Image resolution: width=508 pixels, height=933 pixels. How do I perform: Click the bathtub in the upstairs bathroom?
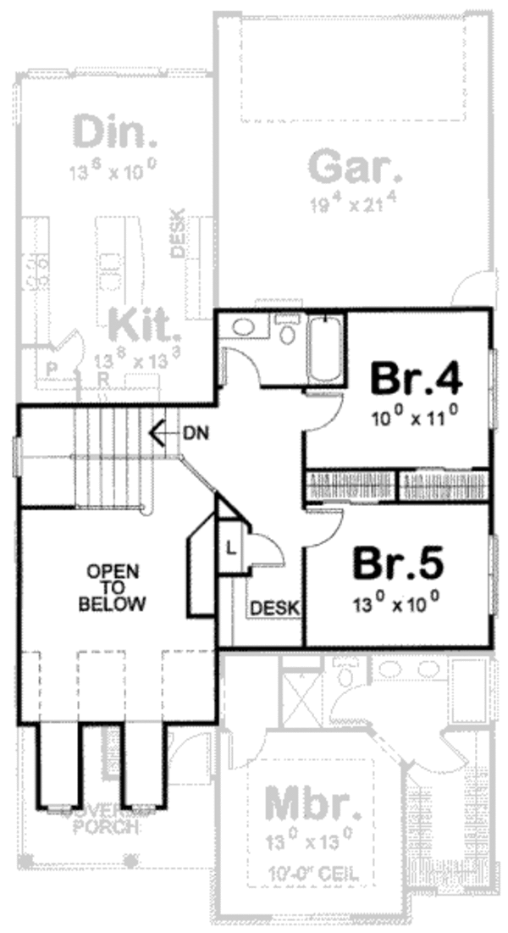coord(326,350)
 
